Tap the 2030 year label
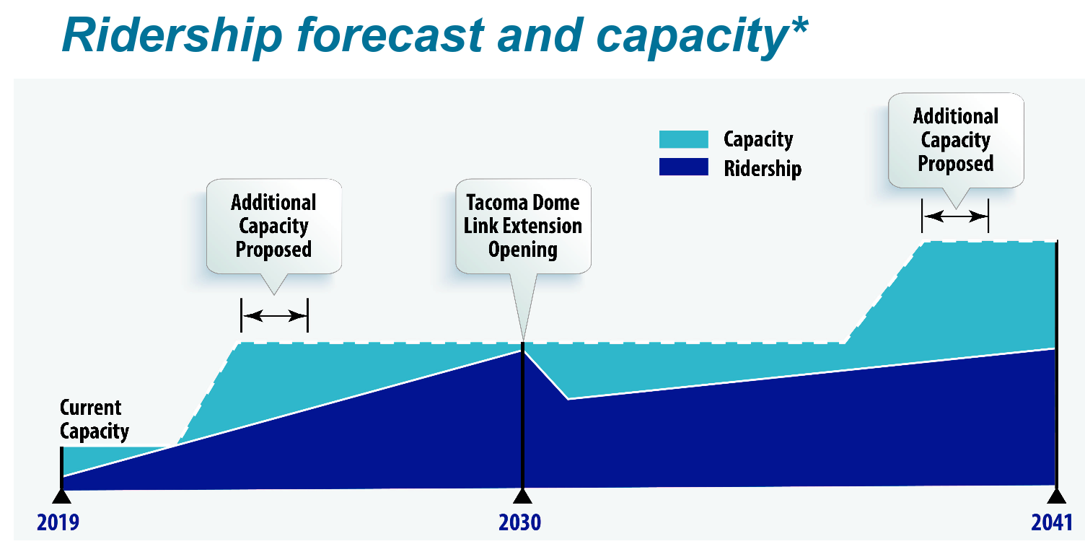point(519,522)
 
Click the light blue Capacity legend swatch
point(683,139)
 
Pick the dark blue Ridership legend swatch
point(683,167)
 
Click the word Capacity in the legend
point(758,139)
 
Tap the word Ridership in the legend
point(763,168)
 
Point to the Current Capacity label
point(94,420)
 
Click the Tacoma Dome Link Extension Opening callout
point(523,226)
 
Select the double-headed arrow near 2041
point(955,215)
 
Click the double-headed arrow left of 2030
point(274,315)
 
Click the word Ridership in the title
point(170,34)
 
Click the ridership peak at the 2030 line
point(522,350)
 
